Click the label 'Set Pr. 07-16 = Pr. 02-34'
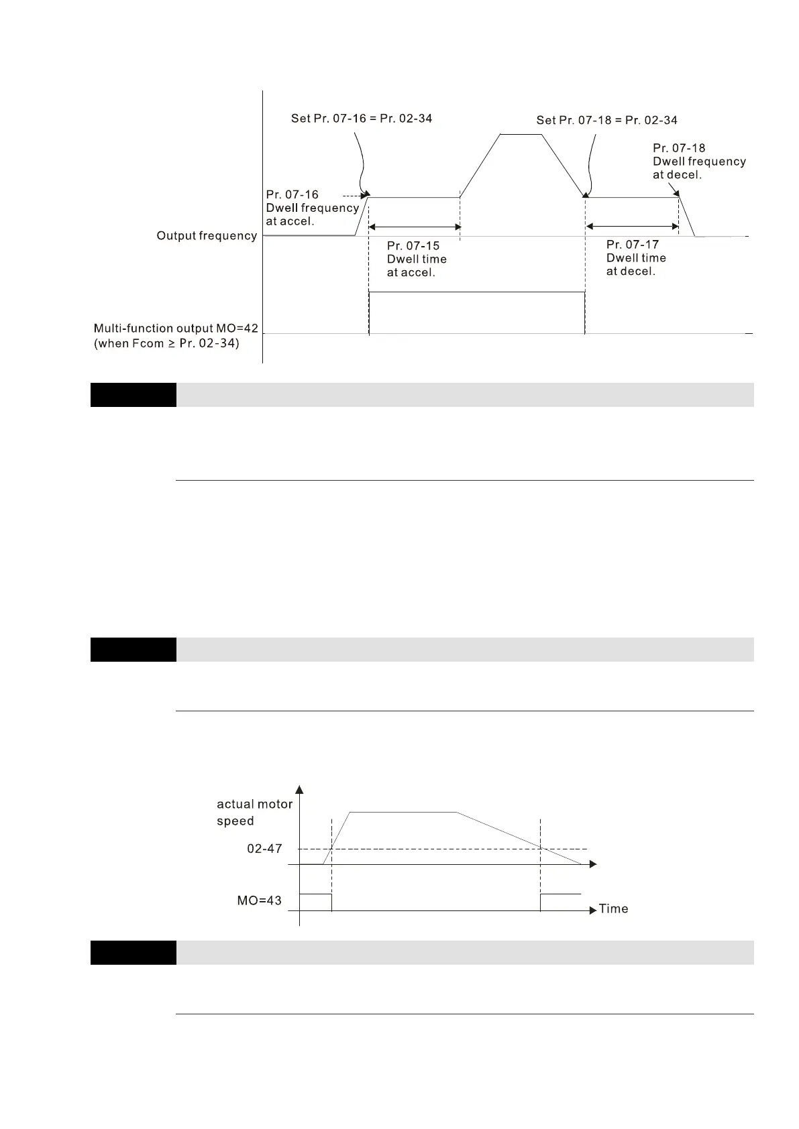point(362,119)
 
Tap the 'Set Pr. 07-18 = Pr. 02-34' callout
point(606,120)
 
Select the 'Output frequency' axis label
point(207,235)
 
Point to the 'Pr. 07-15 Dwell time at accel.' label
point(417,259)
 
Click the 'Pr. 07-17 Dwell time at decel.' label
point(636,258)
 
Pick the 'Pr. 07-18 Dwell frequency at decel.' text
point(699,161)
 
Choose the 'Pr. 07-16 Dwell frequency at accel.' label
point(312,208)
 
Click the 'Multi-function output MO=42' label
point(176,329)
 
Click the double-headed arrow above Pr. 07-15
point(415,227)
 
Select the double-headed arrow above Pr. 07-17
point(632,227)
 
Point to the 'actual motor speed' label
point(254,812)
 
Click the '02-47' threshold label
point(264,848)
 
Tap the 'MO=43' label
point(259,900)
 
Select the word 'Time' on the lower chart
point(613,908)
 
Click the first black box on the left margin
point(133,394)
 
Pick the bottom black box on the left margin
point(133,952)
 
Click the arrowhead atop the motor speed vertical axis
point(299,789)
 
